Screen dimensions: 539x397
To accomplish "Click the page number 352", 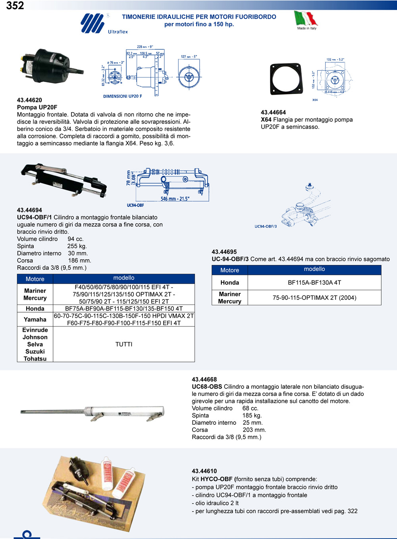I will [x=15, y=6].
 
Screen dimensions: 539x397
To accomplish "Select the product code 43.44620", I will [x=29, y=100].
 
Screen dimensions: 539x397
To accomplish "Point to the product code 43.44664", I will [x=273, y=112].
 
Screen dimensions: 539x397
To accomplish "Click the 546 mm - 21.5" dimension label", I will [x=175, y=199].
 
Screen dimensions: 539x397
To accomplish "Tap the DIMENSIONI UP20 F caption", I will [x=122, y=96].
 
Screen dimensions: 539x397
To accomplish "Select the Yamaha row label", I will [x=35, y=319].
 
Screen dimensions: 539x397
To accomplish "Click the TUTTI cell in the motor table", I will [x=124, y=344].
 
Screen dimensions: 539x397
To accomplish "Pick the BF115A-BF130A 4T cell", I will [x=314, y=282].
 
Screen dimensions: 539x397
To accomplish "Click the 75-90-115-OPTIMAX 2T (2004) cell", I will [x=314, y=297].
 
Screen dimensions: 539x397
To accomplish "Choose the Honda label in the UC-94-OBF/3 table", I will [x=230, y=282].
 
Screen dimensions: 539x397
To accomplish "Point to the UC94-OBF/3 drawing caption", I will [x=266, y=226].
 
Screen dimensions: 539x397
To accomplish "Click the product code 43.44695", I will [x=224, y=252].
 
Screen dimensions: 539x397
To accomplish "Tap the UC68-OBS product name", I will [x=207, y=387].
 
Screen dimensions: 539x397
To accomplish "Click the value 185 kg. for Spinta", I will [x=252, y=415].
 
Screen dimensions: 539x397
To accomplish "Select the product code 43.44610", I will [x=204, y=471].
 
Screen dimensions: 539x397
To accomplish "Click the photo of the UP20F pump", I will [x=50, y=65].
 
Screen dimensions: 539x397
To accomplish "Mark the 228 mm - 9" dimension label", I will [x=145, y=47].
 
